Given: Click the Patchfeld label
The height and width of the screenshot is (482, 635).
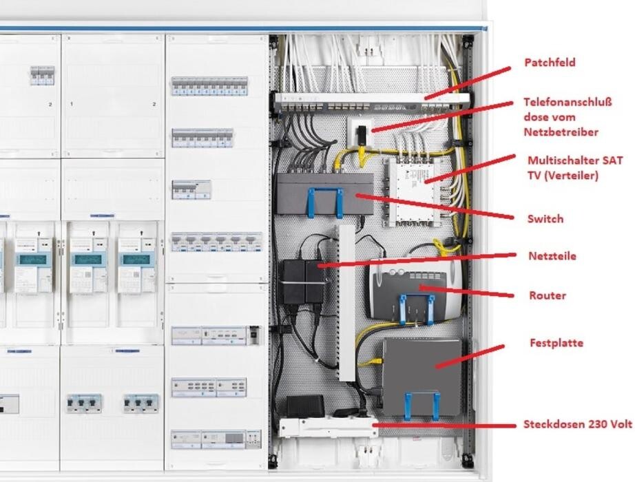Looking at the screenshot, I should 550,63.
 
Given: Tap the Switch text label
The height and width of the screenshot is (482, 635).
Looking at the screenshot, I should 545,219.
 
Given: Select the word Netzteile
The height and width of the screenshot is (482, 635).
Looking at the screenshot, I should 553,256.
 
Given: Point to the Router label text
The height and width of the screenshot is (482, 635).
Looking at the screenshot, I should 548,295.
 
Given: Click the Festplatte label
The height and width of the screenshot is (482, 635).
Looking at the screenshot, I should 556,342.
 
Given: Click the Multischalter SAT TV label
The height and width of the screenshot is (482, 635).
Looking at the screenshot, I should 574,167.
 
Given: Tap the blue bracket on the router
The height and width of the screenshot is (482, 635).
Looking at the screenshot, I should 418,308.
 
